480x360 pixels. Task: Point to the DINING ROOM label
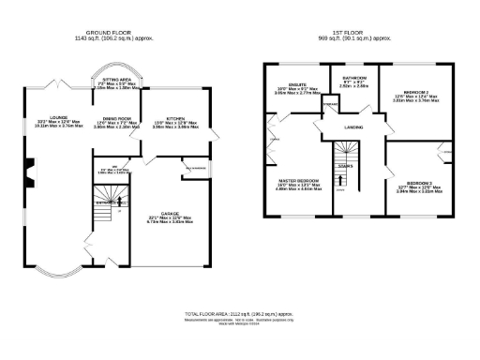coord(114,120)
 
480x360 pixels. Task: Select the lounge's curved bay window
coord(55,273)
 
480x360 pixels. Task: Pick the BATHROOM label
coord(354,78)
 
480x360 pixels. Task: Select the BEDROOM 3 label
coord(420,184)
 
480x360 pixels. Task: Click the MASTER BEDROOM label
coord(298,180)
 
